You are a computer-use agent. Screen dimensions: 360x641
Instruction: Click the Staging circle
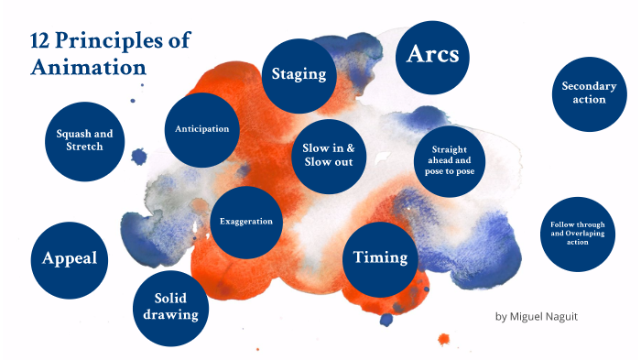pos(299,74)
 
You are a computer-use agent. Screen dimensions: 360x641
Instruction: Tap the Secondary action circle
pos(589,93)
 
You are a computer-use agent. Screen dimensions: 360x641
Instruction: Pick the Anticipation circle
pos(201,129)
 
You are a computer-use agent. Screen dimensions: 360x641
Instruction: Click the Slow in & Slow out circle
pos(334,155)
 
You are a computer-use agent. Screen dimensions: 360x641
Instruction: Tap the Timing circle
pos(380,257)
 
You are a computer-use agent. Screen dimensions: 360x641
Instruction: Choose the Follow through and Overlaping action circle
pos(578,233)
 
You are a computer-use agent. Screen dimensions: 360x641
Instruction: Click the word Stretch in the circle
pos(84,147)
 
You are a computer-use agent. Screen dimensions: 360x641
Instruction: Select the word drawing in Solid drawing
pos(170,316)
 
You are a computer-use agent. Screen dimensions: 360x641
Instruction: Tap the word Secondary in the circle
pos(589,86)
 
